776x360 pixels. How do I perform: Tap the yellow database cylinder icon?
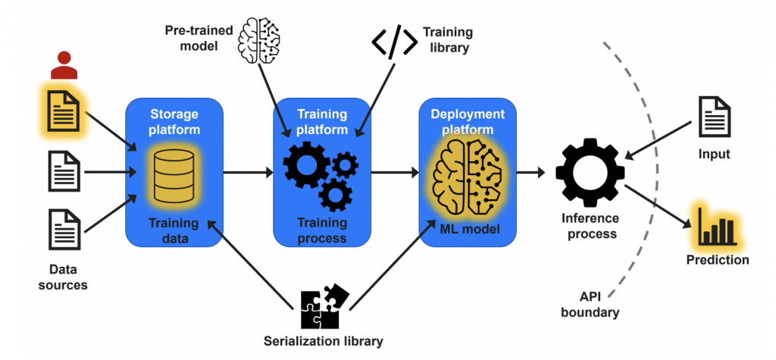174,175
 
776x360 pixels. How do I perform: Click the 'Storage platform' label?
174,121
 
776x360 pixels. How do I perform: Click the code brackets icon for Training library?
394,42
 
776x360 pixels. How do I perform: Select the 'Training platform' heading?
321,121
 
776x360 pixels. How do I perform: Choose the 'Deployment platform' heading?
468,121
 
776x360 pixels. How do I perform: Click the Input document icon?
714,120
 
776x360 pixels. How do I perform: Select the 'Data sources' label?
63,277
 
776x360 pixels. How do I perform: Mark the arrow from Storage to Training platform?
248,174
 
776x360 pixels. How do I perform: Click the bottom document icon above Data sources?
64,229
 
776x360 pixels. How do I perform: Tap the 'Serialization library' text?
324,340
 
